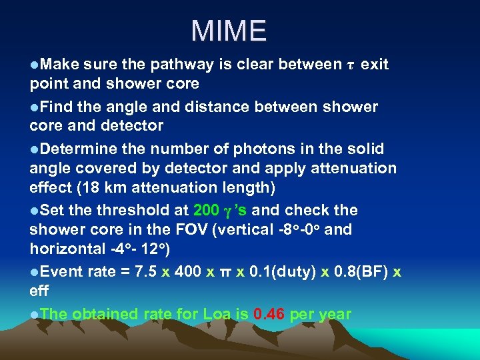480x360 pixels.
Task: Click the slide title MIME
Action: (228, 31)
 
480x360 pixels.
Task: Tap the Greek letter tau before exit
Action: (351, 65)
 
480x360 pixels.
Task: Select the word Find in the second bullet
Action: (55, 107)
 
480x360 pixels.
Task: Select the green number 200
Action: (206, 211)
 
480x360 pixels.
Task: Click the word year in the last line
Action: (333, 314)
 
